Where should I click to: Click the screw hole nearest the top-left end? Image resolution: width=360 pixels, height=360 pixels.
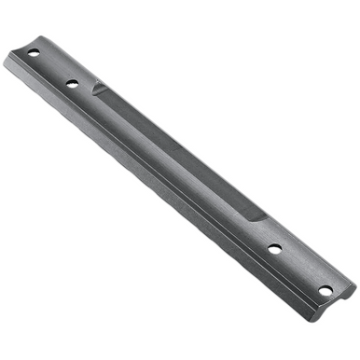[x=34, y=53]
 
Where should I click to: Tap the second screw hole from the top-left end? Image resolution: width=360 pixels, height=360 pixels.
[x=72, y=83]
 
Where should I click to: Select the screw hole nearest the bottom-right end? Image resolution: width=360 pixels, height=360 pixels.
[x=325, y=290]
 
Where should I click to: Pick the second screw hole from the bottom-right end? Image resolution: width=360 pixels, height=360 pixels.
[x=275, y=250]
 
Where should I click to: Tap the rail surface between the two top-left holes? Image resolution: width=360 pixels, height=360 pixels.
[x=53, y=68]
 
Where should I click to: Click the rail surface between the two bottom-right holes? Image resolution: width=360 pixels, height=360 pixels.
[x=299, y=270]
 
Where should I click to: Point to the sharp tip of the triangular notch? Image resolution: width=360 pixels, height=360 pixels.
[x=92, y=93]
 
